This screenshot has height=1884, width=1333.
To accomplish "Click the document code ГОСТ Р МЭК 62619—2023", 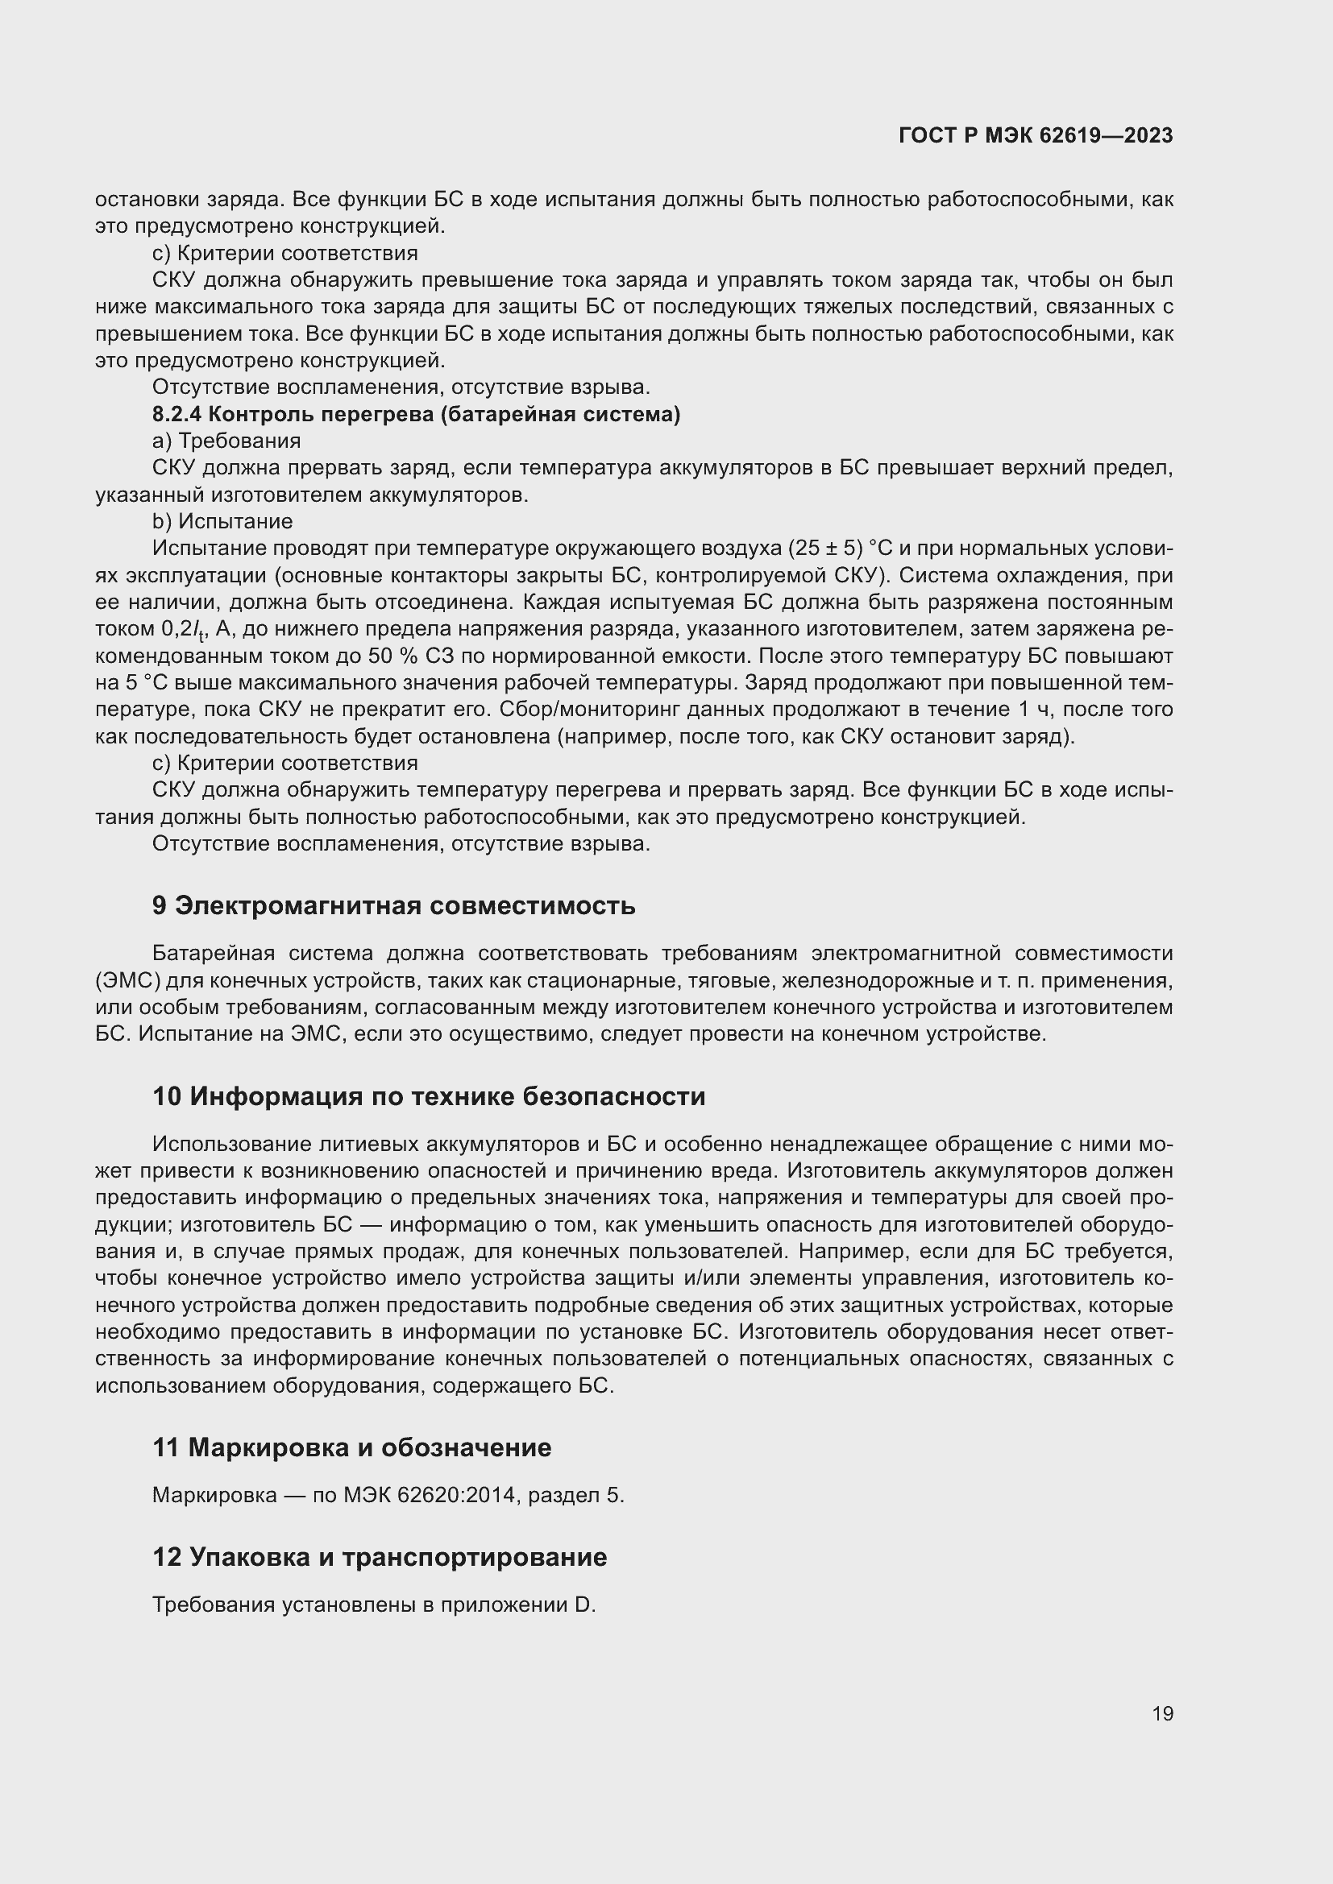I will pyautogui.click(x=1035, y=135).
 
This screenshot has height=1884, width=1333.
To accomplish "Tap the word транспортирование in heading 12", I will pyautogui.click(x=475, y=1557).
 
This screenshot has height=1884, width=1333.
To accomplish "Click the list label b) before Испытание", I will pyautogui.click(x=163, y=521).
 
